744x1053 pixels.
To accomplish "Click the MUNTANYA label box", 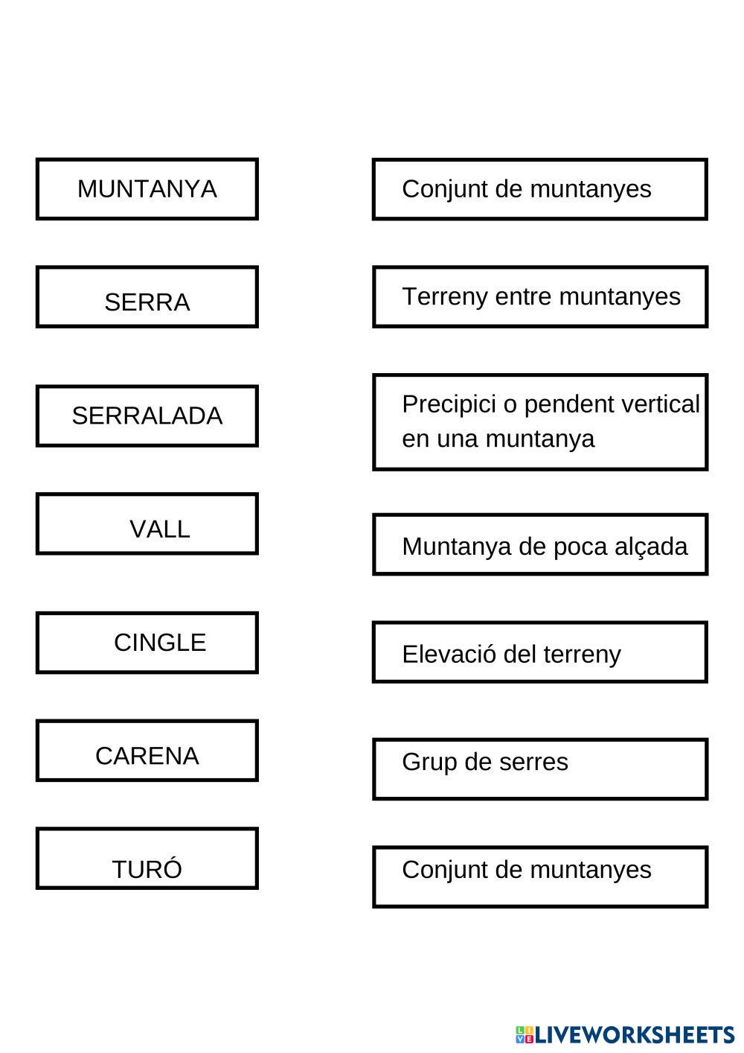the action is click(x=147, y=189).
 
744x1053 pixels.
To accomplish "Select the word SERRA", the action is click(x=147, y=302).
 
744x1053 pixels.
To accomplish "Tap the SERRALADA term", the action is click(x=147, y=416).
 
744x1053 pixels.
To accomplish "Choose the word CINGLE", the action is click(x=160, y=643).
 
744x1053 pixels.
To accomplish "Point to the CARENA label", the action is click(x=147, y=756).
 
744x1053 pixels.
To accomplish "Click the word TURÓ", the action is click(x=147, y=869).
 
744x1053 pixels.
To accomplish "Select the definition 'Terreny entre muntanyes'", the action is click(x=540, y=296).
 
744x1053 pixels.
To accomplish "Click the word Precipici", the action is click(x=449, y=404).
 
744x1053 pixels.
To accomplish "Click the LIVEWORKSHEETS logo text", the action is click(x=635, y=1034).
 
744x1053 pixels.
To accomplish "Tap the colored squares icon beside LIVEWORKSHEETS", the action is click(x=525, y=1034).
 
